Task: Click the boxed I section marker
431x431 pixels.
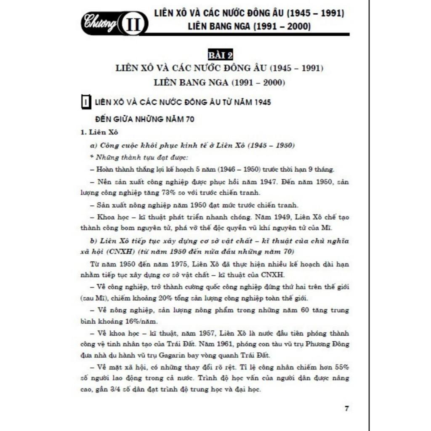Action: coord(85,102)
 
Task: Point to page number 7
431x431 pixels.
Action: coord(346,408)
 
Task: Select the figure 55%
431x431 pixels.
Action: coord(341,367)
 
